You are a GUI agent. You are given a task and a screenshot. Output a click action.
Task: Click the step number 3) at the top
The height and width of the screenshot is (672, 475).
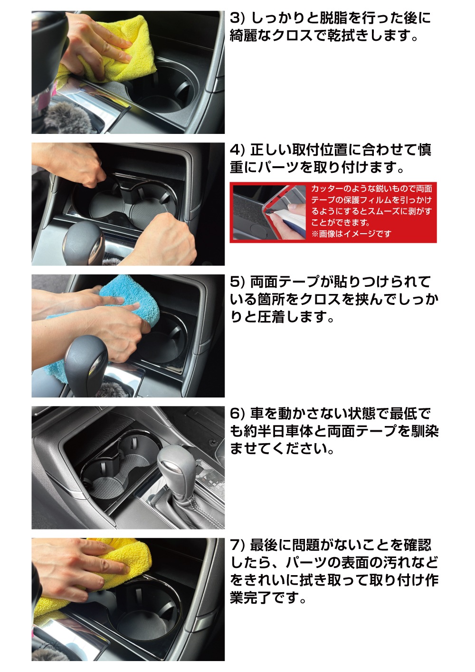[237, 19]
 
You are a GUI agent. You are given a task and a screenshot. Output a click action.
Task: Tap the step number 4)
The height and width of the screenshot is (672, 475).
[237, 150]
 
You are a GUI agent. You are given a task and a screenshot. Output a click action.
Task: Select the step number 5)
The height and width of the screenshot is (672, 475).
[237, 282]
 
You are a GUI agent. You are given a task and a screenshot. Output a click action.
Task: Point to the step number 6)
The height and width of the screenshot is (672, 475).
[237, 413]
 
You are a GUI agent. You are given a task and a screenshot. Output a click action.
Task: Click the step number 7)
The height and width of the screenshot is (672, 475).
[237, 545]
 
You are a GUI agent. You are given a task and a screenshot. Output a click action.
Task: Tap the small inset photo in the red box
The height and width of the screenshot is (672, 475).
[269, 212]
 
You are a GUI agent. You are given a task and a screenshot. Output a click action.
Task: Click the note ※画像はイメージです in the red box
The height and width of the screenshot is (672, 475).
[351, 233]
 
